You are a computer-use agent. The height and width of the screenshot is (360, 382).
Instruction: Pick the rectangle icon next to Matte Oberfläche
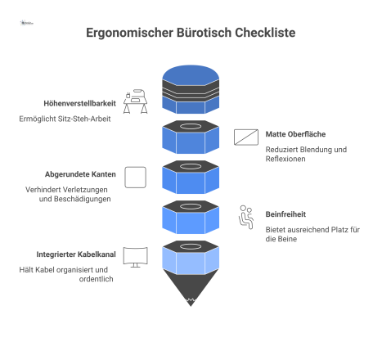(246, 137)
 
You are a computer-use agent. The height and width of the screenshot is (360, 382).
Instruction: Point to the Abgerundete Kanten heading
(80, 174)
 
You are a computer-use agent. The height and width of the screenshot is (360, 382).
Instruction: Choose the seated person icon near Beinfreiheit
(245, 217)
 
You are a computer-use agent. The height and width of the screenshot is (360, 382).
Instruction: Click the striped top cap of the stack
(191, 85)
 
